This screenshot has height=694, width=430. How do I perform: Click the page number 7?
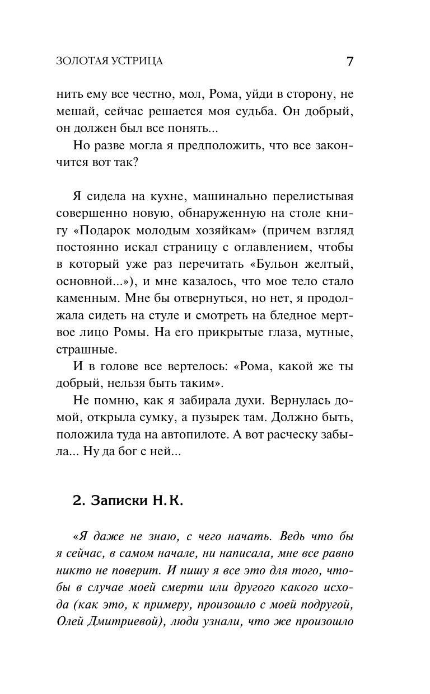[349, 61]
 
